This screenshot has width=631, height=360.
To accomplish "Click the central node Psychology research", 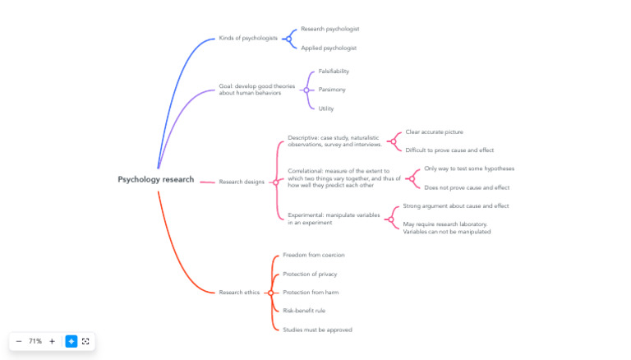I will click(155, 179).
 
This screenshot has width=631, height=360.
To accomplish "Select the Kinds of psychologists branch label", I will click(247, 38).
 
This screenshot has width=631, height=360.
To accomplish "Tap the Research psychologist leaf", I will click(329, 29).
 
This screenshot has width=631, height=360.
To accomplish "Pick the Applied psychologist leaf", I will click(328, 48).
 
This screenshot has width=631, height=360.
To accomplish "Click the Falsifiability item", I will click(334, 71).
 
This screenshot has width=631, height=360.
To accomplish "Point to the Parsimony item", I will click(332, 90).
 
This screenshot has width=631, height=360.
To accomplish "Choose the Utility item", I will click(326, 108).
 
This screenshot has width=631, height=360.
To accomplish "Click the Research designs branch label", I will click(242, 182).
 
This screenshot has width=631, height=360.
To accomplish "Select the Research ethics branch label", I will click(239, 293).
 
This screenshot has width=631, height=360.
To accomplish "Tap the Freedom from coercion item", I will click(314, 255).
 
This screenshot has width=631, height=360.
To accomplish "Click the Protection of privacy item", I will click(310, 274).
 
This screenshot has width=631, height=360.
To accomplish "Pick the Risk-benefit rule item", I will click(304, 311).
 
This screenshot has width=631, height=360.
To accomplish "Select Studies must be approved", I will click(317, 330).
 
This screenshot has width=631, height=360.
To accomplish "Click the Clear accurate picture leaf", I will click(434, 132).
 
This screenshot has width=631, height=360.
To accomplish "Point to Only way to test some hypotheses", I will click(469, 168).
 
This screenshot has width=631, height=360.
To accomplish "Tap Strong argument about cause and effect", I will click(455, 205).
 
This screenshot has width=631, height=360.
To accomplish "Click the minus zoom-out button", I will click(19, 341).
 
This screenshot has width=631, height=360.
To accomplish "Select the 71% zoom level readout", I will click(35, 341).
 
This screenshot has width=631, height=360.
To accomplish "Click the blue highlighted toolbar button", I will click(71, 341).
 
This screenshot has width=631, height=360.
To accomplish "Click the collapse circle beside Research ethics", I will click(270, 293).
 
